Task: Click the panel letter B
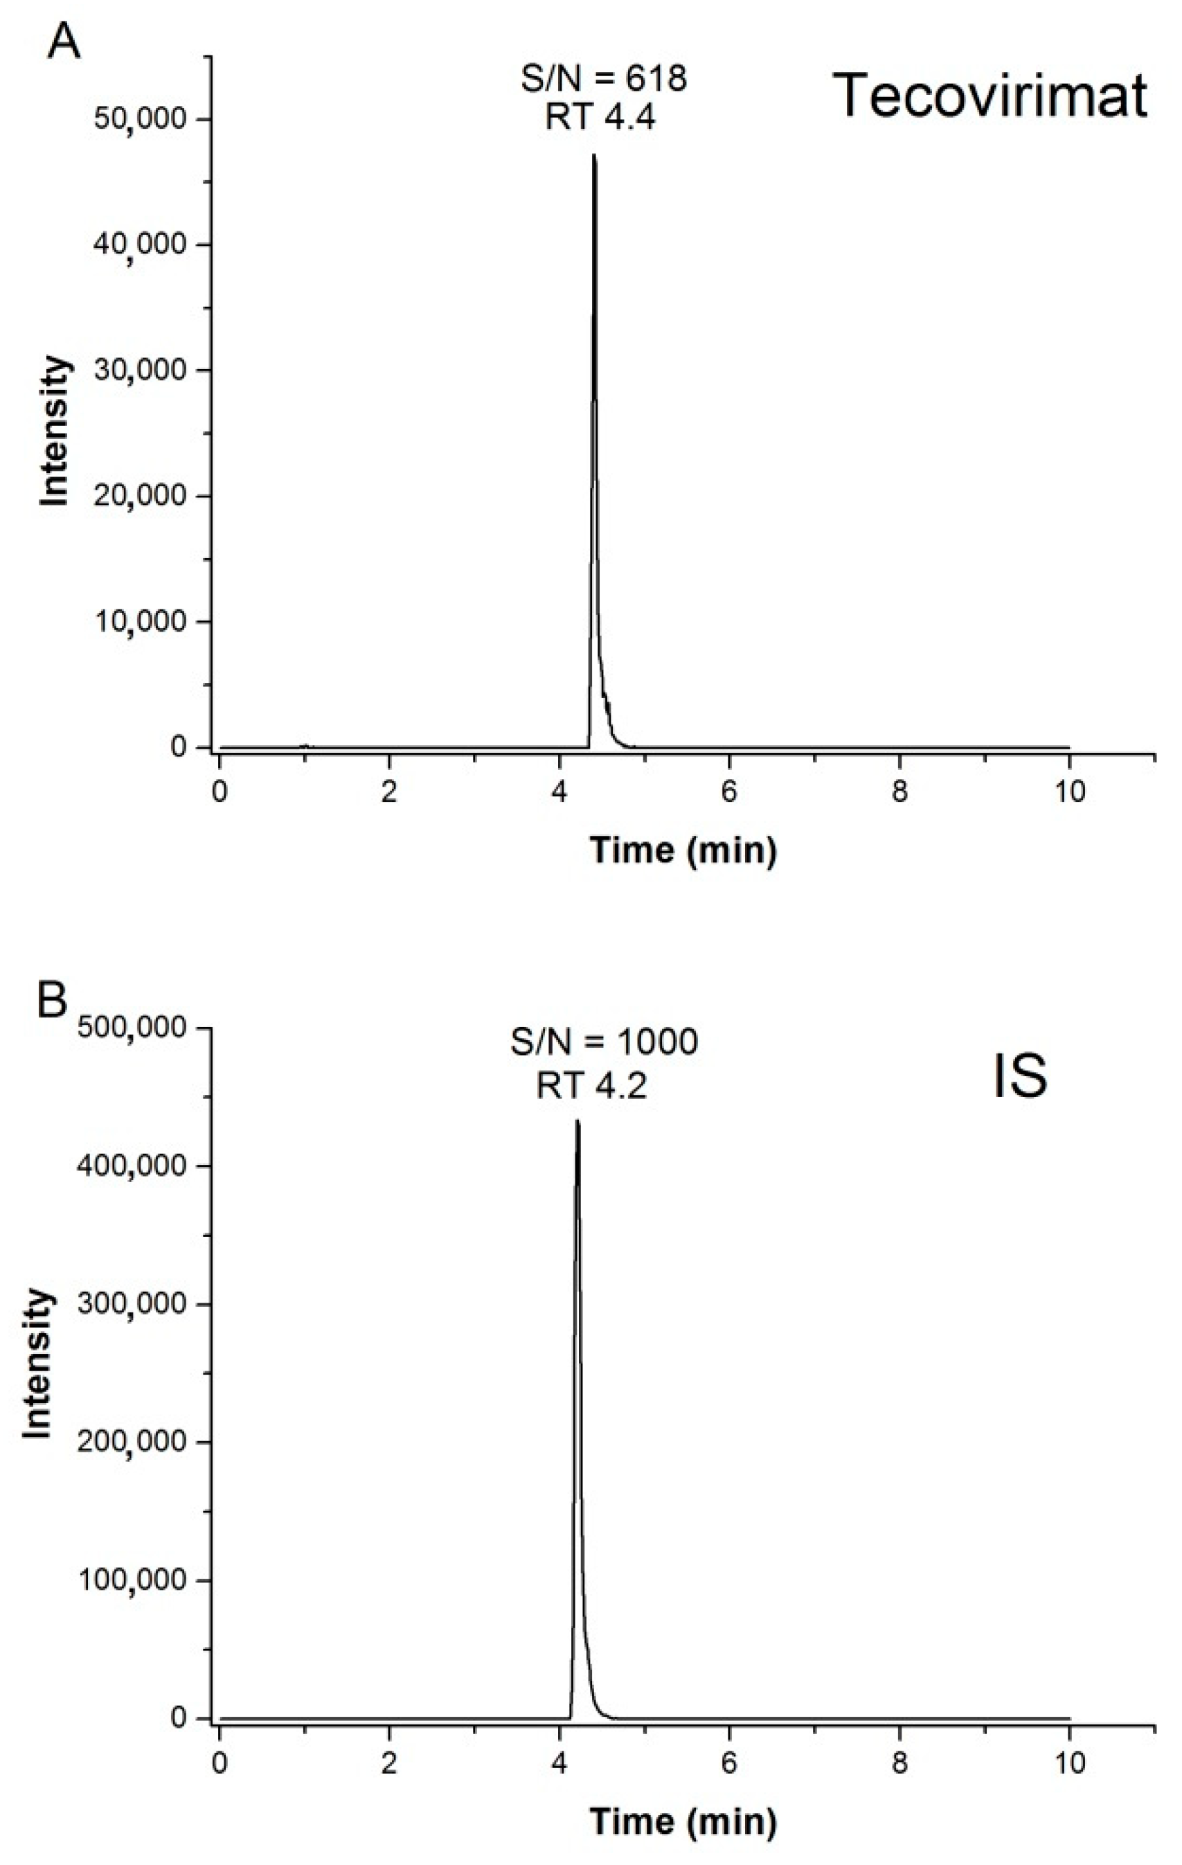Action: [52, 1001]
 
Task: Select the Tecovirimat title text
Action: [991, 97]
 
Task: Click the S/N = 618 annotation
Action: [603, 78]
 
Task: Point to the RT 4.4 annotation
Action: [600, 118]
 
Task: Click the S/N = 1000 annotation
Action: [603, 1042]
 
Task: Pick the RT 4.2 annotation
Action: [591, 1085]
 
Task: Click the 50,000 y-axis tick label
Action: [140, 118]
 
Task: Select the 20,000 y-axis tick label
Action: [140, 496]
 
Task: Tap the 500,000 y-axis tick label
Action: [132, 1028]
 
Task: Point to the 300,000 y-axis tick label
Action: [132, 1303]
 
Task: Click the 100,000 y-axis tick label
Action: [132, 1580]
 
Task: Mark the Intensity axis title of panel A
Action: [54, 431]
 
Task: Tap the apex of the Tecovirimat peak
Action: [594, 156]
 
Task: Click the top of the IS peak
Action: [577, 1121]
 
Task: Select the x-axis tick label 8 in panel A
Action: [899, 793]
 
